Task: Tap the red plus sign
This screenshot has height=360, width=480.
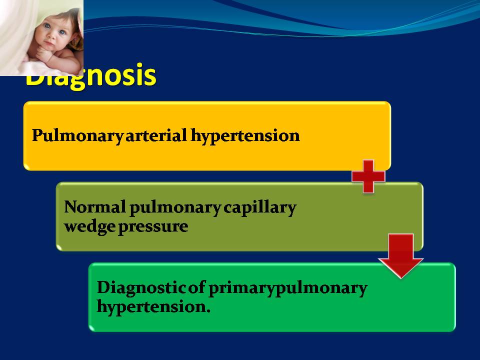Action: (x=368, y=176)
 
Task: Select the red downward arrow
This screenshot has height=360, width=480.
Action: (x=400, y=256)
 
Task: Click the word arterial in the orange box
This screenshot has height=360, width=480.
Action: (x=156, y=135)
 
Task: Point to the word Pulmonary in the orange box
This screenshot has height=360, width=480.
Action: (x=78, y=135)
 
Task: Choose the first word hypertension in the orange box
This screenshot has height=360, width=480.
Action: (x=245, y=136)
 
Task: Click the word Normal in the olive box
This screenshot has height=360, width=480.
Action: (x=95, y=207)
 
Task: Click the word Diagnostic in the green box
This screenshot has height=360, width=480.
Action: (x=141, y=288)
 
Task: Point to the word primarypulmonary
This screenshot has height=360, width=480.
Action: (x=288, y=288)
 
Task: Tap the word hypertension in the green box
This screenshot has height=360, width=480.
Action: (x=151, y=307)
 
